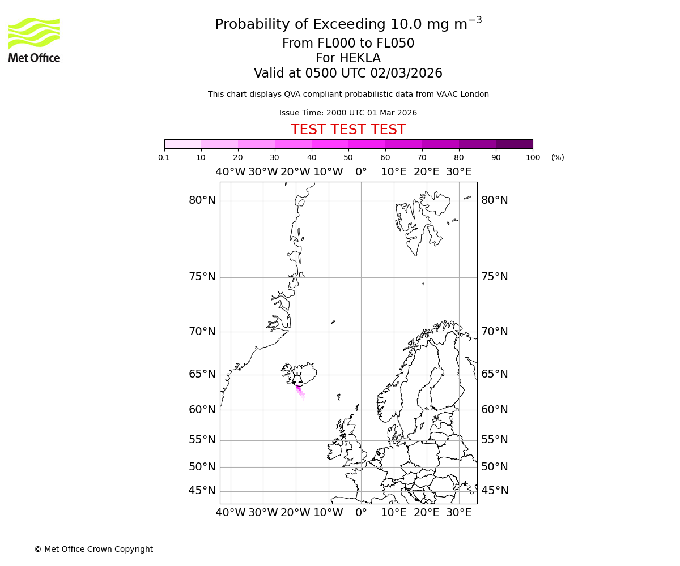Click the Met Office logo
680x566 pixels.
pyautogui.click(x=34, y=40)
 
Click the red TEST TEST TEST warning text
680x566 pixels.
pyautogui.click(x=348, y=130)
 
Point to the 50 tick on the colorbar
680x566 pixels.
pyautogui.click(x=348, y=157)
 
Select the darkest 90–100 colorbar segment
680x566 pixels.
pyautogui.click(x=514, y=144)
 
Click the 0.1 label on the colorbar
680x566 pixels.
pyautogui.click(x=164, y=157)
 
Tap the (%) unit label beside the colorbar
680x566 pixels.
pyautogui.click(x=558, y=157)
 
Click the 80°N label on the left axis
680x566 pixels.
pyautogui.click(x=202, y=200)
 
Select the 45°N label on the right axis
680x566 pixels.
pyautogui.click(x=495, y=491)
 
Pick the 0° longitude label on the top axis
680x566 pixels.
pyautogui.click(x=361, y=172)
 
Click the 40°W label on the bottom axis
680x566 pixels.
pyautogui.click(x=231, y=513)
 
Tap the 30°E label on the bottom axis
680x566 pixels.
pyautogui.click(x=459, y=513)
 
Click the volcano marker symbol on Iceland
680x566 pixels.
pyautogui.click(x=297, y=380)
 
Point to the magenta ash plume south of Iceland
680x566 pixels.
pyautogui.click(x=299, y=391)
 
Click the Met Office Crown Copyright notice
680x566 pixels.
pyautogui.click(x=93, y=549)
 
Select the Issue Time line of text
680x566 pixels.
pyautogui.click(x=348, y=113)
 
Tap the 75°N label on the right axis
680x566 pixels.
pyautogui.click(x=495, y=277)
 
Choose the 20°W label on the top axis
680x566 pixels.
pyautogui.click(x=295, y=172)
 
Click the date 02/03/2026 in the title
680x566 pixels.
pyautogui.click(x=406, y=74)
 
